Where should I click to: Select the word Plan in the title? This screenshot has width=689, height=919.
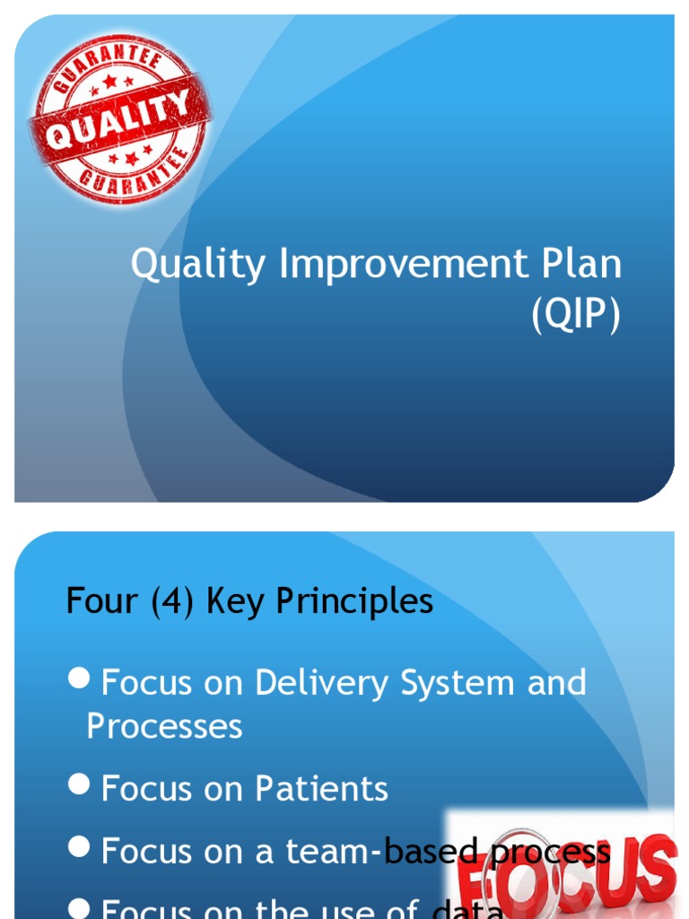[x=582, y=265]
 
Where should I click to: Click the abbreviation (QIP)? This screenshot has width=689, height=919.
[x=576, y=317]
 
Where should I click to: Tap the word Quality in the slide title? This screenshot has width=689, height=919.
[x=198, y=265]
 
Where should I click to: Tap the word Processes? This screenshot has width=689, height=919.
[x=164, y=726]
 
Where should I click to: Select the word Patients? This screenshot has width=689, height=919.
[x=321, y=789]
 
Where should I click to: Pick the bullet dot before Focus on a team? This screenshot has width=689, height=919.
[x=82, y=847]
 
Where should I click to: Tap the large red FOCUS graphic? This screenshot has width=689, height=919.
[x=565, y=875]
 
